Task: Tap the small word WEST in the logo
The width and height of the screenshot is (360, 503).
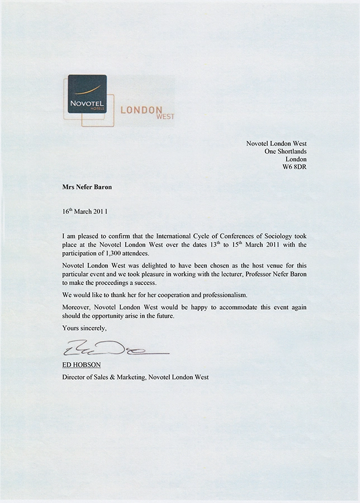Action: pos(166,117)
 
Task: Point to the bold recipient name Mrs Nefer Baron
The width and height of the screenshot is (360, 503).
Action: pos(87,188)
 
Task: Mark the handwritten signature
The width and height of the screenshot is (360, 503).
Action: pos(112,350)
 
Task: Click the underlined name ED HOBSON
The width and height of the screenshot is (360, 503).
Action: pos(81,365)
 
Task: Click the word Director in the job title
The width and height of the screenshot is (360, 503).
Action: pos(75,377)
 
